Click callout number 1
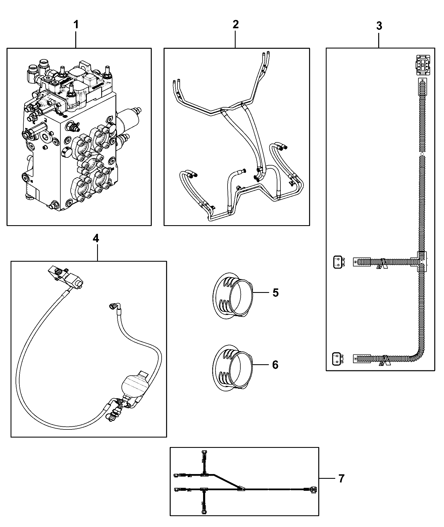[x=76, y=25]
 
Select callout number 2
[x=236, y=24]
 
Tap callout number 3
[x=379, y=26]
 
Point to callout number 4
[x=96, y=239]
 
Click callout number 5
[x=275, y=293]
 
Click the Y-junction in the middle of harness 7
[x=241, y=488]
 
